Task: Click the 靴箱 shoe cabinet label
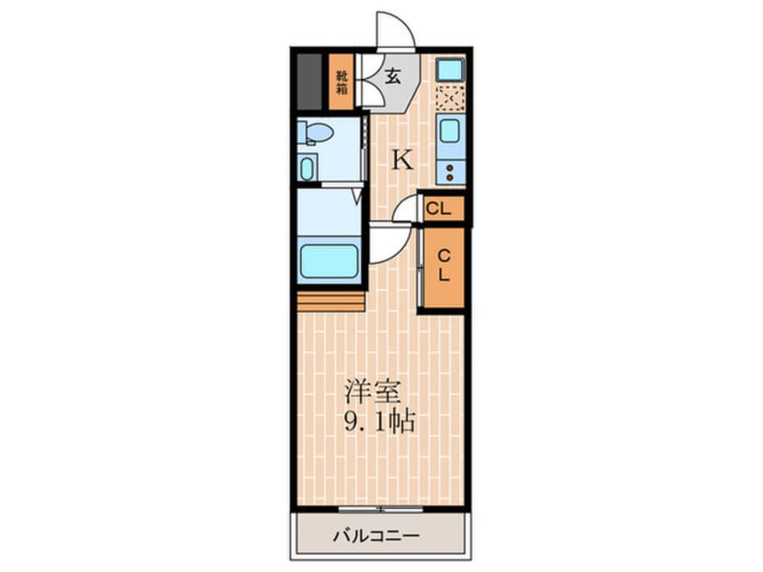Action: pyautogui.click(x=342, y=81)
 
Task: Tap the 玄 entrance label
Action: pyautogui.click(x=394, y=78)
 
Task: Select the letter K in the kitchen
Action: pyautogui.click(x=401, y=161)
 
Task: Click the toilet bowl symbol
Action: pyautogui.click(x=317, y=133)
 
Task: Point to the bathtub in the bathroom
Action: pyautogui.click(x=328, y=262)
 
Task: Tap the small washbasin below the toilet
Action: pyautogui.click(x=308, y=168)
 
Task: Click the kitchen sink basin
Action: pyautogui.click(x=450, y=130)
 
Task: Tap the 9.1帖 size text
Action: pyautogui.click(x=379, y=421)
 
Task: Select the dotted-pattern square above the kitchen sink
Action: pyautogui.click(x=449, y=97)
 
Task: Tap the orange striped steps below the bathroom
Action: pyautogui.click(x=330, y=300)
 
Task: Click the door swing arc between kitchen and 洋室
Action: pyautogui.click(x=389, y=244)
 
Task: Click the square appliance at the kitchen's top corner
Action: pyautogui.click(x=449, y=69)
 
